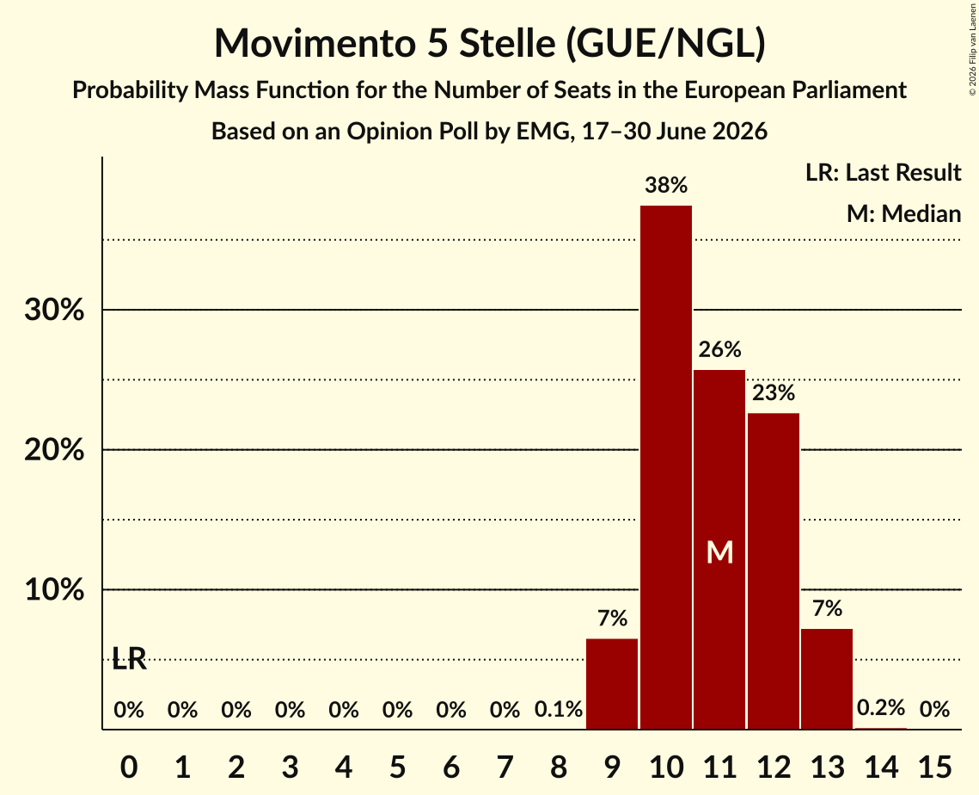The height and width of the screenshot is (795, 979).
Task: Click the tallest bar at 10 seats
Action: pos(666,467)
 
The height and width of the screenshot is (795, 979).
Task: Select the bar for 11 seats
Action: pos(720,550)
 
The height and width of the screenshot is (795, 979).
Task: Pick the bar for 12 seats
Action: pos(774,571)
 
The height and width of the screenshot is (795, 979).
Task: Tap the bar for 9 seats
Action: pos(612,684)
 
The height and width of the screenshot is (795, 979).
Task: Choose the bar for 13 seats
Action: pos(827,679)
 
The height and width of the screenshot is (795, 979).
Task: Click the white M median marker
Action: pos(720,552)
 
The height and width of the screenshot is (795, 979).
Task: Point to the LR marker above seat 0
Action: pos(129,659)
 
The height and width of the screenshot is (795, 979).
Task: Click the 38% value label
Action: pos(666,185)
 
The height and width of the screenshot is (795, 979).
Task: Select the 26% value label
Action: pos(720,349)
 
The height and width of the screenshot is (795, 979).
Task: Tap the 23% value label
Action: pos(774,393)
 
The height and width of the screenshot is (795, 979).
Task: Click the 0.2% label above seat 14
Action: pos(881,707)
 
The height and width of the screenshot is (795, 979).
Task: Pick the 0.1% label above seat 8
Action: pos(559,709)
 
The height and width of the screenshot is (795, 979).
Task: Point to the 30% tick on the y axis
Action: pos(54,310)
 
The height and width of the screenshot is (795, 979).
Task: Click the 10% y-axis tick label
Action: pos(54,589)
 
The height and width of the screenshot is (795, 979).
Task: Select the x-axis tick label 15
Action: pos(934,767)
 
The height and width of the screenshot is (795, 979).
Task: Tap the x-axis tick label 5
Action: pos(398,767)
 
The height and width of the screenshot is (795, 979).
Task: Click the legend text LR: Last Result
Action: pos(884,172)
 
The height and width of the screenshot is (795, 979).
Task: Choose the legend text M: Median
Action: pos(904,213)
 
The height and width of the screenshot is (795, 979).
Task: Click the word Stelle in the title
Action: pos(507,43)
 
